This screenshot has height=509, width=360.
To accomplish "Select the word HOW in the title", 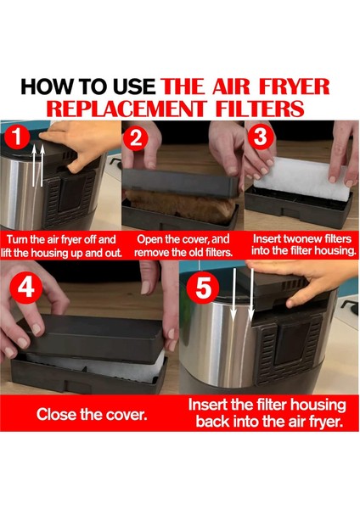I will coord(44,87).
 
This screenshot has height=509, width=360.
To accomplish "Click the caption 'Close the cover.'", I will coord(90,415).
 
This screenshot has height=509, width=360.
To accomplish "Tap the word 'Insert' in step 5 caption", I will coord(210,405).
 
